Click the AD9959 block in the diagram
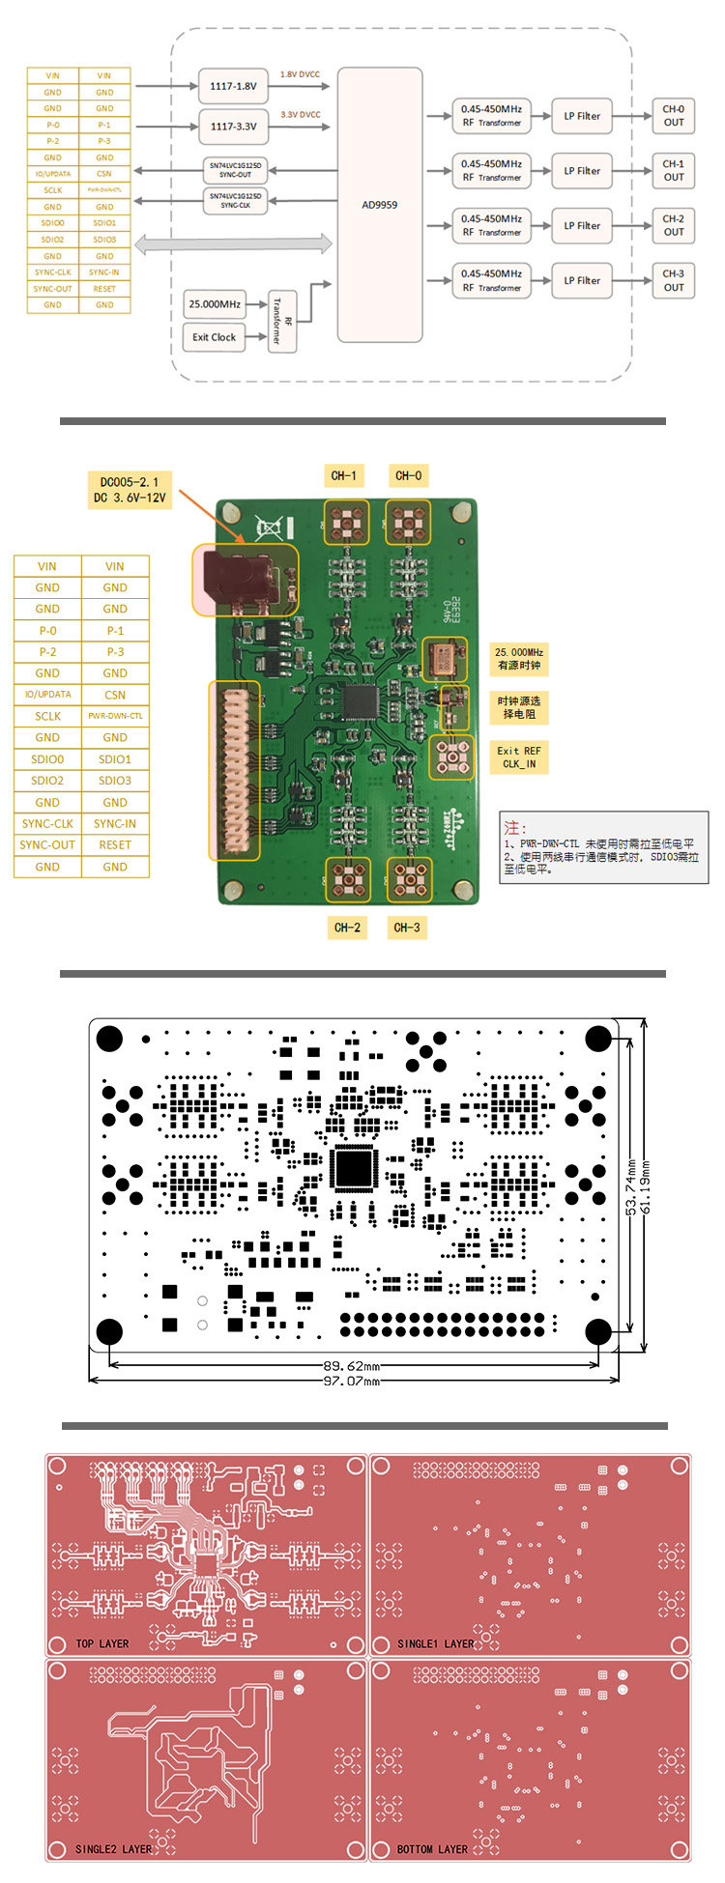tap(379, 205)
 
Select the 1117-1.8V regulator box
tap(233, 86)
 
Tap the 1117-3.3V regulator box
tap(233, 126)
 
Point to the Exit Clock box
tap(214, 337)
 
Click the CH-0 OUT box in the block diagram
tap(673, 116)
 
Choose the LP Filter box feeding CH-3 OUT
tap(582, 280)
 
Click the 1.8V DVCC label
tap(300, 74)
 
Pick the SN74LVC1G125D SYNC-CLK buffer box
tap(235, 201)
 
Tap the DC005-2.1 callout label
tap(129, 490)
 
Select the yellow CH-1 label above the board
tap(343, 475)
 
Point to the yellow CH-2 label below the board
tap(347, 927)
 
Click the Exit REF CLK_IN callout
tap(519, 756)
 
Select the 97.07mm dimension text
tap(351, 1381)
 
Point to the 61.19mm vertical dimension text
tap(645, 1187)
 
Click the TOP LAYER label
tap(101, 1643)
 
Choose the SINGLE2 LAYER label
tap(113, 1849)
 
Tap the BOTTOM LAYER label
tap(432, 1849)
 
